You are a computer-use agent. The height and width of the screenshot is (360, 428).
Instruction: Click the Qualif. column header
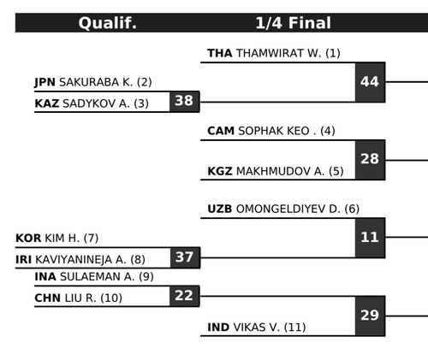pos(108,23)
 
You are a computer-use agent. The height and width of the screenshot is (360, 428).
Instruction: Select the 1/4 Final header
pos(293,23)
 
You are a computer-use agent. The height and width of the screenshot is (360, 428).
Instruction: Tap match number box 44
pos(370,82)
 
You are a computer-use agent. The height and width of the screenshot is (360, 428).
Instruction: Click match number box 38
pos(184,101)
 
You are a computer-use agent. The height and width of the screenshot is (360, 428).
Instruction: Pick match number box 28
pos(370,160)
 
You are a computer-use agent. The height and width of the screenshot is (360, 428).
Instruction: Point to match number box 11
pos(370,238)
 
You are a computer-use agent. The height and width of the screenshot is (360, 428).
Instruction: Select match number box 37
pos(185,257)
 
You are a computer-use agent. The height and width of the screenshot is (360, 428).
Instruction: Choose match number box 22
pos(184,296)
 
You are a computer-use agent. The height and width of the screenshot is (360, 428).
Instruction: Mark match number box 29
pos(370,316)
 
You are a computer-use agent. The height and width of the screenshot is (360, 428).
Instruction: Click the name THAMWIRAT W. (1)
pos(288,53)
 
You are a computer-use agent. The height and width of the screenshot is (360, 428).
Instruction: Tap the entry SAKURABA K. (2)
pos(105,82)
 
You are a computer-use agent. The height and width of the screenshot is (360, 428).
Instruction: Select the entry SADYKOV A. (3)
pos(105,103)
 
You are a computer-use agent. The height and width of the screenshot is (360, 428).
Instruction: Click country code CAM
pos(221,131)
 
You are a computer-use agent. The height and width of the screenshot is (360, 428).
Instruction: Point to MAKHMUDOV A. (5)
pos(290,171)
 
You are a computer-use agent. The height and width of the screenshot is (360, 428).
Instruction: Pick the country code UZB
pos(220,209)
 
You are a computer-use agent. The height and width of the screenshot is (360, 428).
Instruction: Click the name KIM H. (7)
pos(72,238)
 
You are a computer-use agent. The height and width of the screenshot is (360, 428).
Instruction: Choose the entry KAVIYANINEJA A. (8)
pos(90,260)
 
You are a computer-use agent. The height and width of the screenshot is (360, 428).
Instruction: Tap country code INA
pos(45,276)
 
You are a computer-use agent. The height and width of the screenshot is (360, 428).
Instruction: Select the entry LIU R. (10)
pos(93,298)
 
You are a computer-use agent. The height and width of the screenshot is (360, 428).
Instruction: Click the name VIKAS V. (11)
pos(270,328)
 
